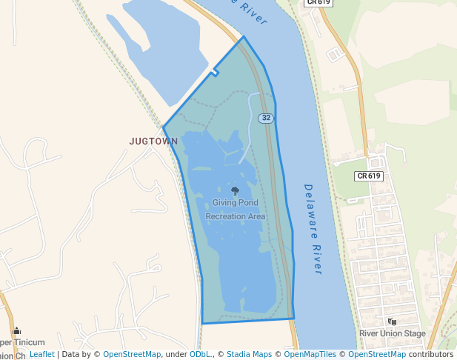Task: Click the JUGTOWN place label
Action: pos(153,141)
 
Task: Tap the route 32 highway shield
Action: pos(266,119)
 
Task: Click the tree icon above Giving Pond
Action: pos(236,191)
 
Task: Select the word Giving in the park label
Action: pos(224,202)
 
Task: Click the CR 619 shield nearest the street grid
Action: pos(369,176)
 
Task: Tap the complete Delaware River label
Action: pos(313,230)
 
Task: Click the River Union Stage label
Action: pos(393,333)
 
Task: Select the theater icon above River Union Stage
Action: pos(392,321)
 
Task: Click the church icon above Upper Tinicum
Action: pos(16,331)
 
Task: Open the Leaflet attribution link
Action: pos(41,354)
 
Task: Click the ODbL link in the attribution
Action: pos(200,354)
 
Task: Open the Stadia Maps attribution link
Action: pos(249,354)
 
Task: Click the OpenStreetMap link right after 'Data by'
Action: pos(132,354)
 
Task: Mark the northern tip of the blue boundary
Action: pos(243,36)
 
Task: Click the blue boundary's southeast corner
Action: pos(294,319)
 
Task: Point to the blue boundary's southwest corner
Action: pos(202,323)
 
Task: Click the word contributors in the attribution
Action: pos(430,354)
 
